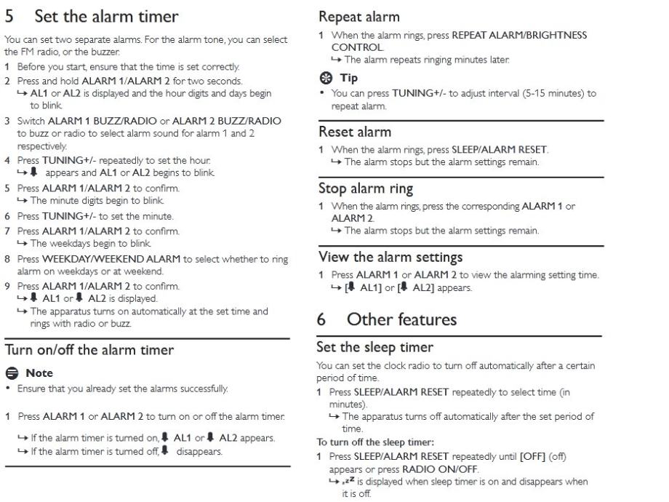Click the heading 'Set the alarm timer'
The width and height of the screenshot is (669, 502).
pos(106,15)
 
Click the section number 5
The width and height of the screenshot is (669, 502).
pos(9,15)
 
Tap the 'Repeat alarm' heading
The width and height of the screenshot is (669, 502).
pos(359,16)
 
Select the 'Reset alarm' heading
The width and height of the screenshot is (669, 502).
pos(355,132)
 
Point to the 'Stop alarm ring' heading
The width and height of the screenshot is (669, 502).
pos(366,188)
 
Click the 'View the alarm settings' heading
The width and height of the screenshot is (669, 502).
pos(390,257)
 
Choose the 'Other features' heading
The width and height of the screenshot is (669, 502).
pos(401,319)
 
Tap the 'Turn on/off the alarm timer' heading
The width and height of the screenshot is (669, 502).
pos(89,350)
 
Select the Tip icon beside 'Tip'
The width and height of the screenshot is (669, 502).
pos(324,78)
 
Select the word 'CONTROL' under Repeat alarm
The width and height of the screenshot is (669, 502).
pos(356,45)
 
